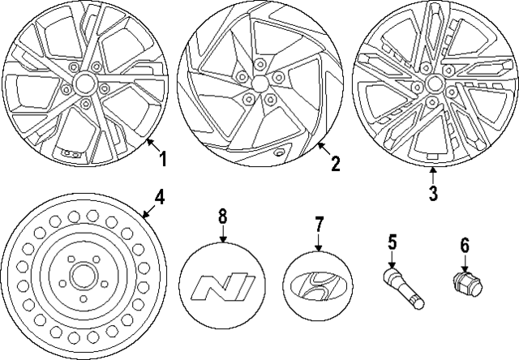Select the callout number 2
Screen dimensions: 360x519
click(x=335, y=165)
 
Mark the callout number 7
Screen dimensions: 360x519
click(x=319, y=221)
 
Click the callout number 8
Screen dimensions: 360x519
click(x=223, y=216)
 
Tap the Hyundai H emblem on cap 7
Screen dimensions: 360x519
click(x=318, y=288)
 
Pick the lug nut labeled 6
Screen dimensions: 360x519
click(x=465, y=285)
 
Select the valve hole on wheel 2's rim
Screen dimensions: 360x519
click(x=279, y=152)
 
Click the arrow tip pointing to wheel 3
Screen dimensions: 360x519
click(x=432, y=167)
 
